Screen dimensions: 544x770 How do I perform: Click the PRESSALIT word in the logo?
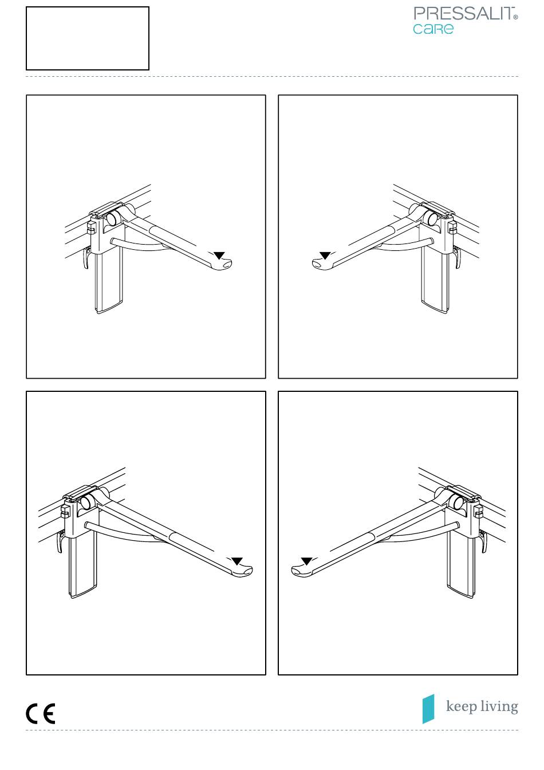[x=464, y=14]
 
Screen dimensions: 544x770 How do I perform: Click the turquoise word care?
[x=433, y=29]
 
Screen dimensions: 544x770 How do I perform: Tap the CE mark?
[x=41, y=714]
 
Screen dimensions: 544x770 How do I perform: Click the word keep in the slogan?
[x=462, y=707]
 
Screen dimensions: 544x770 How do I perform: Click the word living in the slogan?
[x=499, y=707]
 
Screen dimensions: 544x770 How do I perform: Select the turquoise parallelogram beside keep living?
[x=428, y=709]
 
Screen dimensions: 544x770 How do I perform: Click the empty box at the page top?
[x=88, y=38]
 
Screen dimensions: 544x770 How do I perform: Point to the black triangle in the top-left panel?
[x=219, y=256]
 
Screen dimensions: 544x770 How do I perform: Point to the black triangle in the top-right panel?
[x=325, y=256]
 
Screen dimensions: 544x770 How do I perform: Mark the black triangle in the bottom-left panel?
[x=237, y=561]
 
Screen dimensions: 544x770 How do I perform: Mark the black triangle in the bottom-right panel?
[x=306, y=561]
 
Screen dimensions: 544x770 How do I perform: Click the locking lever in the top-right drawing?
[x=457, y=257]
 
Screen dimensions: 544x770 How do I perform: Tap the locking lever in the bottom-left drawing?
[x=61, y=543]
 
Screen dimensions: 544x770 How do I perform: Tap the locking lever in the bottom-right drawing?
[x=484, y=543]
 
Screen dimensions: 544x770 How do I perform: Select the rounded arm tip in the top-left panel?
[x=223, y=265]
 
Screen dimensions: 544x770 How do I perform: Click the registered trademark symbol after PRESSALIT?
[x=516, y=17]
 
